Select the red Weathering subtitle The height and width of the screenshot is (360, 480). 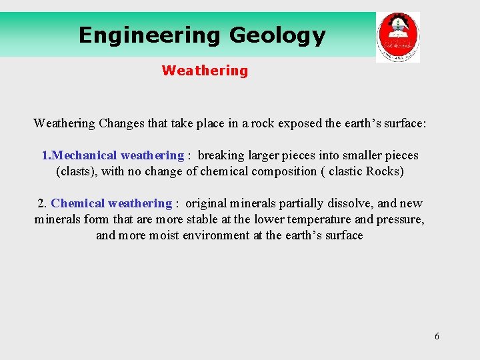click(x=205, y=71)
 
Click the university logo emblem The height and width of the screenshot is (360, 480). click(x=397, y=37)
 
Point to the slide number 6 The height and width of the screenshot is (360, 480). click(x=437, y=336)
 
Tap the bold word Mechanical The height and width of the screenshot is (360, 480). click(x=84, y=155)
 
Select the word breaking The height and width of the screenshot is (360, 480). click(x=223, y=155)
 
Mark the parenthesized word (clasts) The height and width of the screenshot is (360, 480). click(x=76, y=171)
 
